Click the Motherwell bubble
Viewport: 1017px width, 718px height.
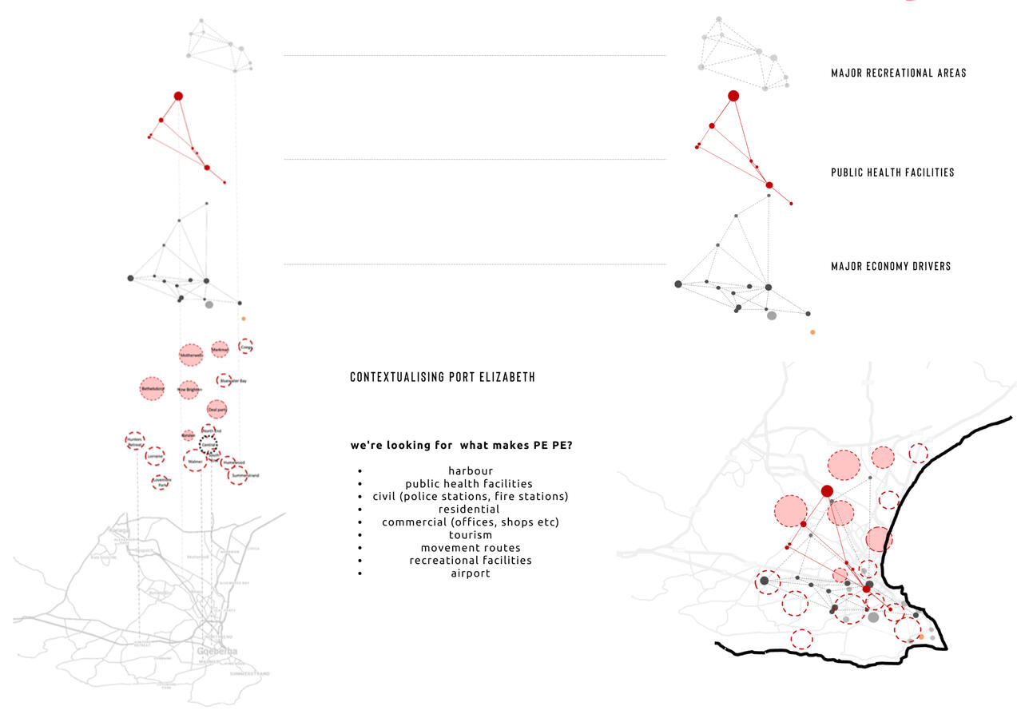point(190,355)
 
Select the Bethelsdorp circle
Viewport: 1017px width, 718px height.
point(152,389)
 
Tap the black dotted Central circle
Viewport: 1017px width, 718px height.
point(209,444)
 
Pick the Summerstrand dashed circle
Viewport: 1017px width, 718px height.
point(237,475)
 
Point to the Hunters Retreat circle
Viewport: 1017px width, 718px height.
point(135,441)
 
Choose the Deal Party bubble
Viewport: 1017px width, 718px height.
point(217,410)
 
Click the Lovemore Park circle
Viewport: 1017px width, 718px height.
point(161,482)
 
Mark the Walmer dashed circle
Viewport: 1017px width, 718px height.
point(195,460)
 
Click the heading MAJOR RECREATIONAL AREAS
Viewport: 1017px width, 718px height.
point(898,73)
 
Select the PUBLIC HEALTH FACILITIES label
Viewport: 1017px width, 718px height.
point(892,172)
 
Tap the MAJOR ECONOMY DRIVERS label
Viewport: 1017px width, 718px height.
point(891,266)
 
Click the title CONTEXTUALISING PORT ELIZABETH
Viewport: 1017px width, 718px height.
point(443,377)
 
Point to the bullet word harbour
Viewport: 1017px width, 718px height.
point(470,471)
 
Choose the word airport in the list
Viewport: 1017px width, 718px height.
point(470,573)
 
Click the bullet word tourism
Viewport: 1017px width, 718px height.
point(470,535)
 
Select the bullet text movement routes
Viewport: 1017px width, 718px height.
point(470,548)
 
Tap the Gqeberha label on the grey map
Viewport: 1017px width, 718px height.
point(217,651)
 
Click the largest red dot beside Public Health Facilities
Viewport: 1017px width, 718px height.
point(733,96)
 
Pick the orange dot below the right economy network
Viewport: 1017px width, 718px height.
point(812,331)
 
